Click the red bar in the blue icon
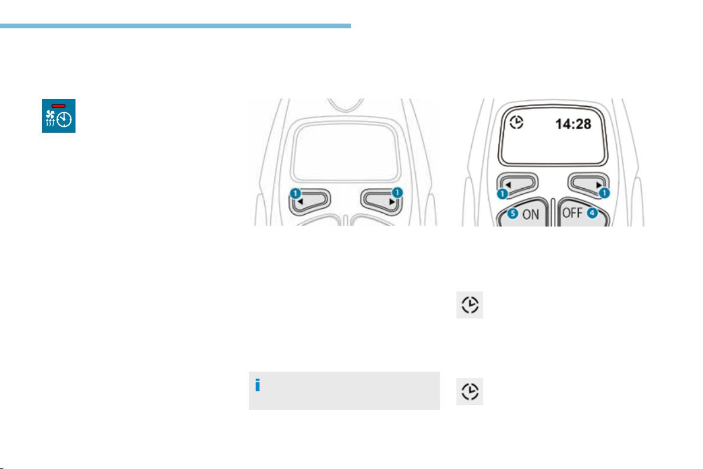[59, 106]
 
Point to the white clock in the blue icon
[64, 119]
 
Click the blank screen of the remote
[345, 152]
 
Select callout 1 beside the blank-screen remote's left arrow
[295, 193]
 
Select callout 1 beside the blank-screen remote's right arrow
[398, 193]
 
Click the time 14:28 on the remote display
[573, 124]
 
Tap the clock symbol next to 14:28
[517, 122]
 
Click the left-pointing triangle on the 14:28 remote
[508, 185]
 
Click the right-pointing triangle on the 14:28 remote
[599, 185]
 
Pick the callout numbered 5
[513, 214]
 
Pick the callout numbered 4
[592, 213]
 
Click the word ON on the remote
[531, 215]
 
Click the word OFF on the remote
[573, 213]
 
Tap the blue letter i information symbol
[257, 385]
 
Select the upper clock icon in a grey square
[469, 305]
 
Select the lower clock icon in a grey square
[469, 392]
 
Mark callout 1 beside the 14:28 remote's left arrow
[502, 193]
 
